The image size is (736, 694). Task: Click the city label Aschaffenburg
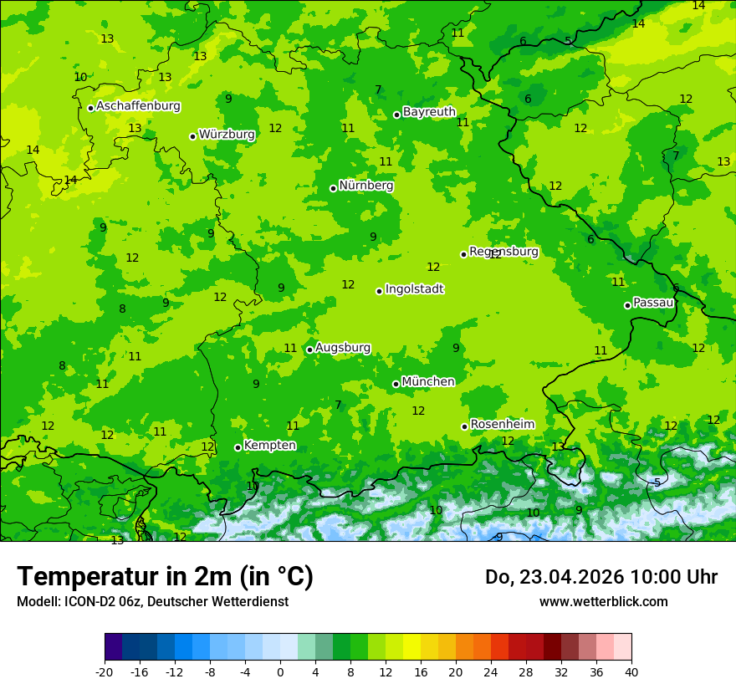click(x=138, y=106)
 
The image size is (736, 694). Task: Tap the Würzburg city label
click(x=227, y=135)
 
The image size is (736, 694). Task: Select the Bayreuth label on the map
click(x=429, y=112)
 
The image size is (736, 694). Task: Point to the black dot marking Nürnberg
click(x=333, y=188)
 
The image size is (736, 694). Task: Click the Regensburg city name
click(x=503, y=252)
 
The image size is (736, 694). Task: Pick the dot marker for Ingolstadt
click(x=379, y=291)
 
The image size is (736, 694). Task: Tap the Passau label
click(x=653, y=303)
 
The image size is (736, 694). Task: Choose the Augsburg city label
click(x=343, y=348)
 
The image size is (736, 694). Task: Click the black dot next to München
click(x=396, y=384)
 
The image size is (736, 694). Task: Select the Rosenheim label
click(x=502, y=425)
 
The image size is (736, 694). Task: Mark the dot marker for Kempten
click(x=238, y=447)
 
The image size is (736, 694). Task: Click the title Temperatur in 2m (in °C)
click(x=165, y=577)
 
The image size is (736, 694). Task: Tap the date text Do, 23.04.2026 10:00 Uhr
click(x=601, y=577)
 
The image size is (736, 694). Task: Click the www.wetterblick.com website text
click(x=603, y=601)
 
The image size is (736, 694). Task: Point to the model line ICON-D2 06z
click(x=152, y=601)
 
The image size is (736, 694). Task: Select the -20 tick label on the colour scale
click(x=105, y=672)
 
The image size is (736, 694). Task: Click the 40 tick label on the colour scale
click(x=631, y=672)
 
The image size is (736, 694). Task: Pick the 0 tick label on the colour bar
click(x=280, y=672)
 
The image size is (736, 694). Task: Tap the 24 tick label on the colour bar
click(x=491, y=672)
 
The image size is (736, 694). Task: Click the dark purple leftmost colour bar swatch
click(x=114, y=647)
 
